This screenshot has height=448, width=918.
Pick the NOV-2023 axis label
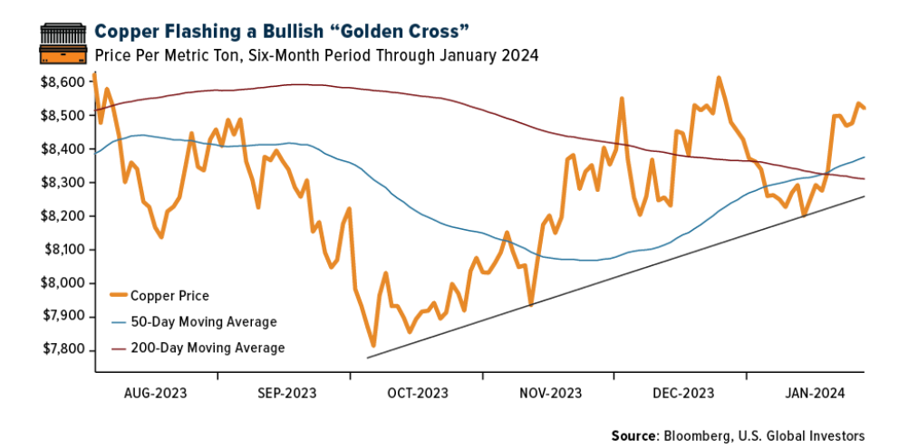tap(550, 393)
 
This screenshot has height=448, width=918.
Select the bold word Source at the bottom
tap(633, 435)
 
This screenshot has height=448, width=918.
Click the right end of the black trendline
tap(864, 196)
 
